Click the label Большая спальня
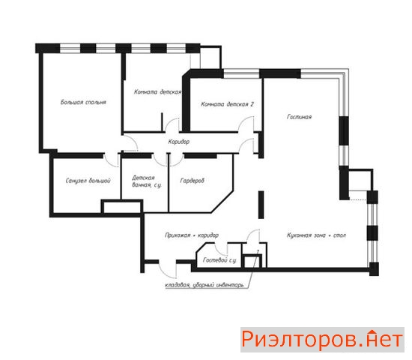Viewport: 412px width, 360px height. click(x=83, y=102)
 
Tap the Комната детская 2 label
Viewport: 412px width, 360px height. click(x=227, y=104)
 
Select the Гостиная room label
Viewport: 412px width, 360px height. click(x=300, y=117)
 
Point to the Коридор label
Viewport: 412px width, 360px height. click(x=179, y=142)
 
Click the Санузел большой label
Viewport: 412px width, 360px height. click(x=88, y=181)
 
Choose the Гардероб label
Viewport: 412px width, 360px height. click(x=192, y=181)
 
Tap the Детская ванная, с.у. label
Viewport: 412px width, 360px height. click(x=147, y=181)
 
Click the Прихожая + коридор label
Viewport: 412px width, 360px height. click(x=192, y=235)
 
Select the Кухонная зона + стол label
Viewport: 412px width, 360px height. click(x=316, y=235)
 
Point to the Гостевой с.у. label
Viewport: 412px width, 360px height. click(x=220, y=260)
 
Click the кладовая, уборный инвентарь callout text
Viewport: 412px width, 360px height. click(x=205, y=285)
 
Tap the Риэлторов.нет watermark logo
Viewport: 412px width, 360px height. click(x=322, y=340)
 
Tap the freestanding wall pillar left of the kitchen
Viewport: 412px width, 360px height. click(x=261, y=205)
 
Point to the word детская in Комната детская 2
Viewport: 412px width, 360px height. click(x=237, y=104)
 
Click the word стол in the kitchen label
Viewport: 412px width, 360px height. click(x=339, y=235)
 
